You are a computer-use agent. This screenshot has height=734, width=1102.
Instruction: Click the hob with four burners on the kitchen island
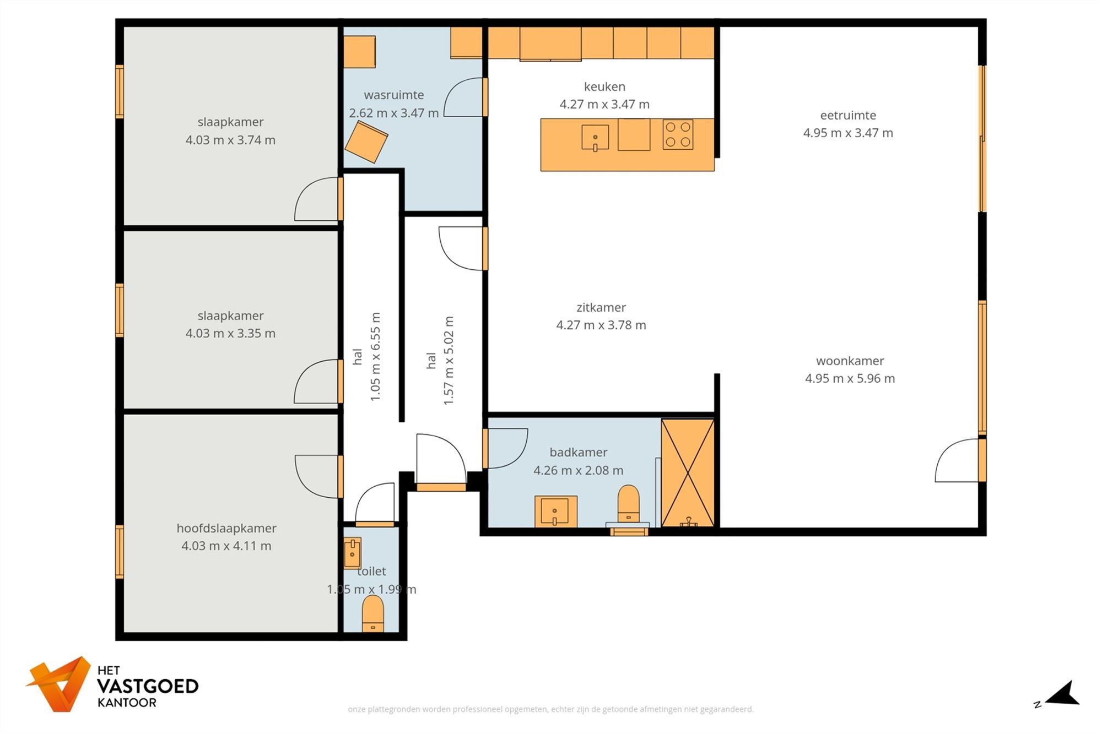[678, 134]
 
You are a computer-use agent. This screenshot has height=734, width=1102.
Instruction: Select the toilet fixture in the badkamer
[628, 503]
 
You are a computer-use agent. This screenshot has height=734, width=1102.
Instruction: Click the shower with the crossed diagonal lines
[688, 473]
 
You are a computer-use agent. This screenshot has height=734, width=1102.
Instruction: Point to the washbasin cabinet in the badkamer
[555, 512]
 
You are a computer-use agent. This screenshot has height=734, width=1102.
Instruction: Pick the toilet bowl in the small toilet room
[373, 613]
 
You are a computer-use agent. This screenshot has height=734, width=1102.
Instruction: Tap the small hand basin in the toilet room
[352, 553]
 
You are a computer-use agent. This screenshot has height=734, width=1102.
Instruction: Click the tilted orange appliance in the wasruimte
[366, 142]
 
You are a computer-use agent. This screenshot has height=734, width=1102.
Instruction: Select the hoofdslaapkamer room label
[226, 528]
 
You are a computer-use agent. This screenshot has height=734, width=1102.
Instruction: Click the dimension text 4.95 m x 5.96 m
[850, 378]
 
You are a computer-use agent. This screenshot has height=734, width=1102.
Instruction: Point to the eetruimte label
[848, 115]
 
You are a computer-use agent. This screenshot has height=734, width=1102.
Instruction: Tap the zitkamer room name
[601, 307]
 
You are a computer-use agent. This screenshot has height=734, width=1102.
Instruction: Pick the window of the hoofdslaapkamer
[120, 552]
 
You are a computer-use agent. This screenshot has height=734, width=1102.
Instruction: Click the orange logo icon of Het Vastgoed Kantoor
[60, 683]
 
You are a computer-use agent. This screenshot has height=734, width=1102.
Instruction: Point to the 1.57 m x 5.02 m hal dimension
[449, 361]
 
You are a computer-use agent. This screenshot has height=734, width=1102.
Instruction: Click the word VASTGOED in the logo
[147, 686]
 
